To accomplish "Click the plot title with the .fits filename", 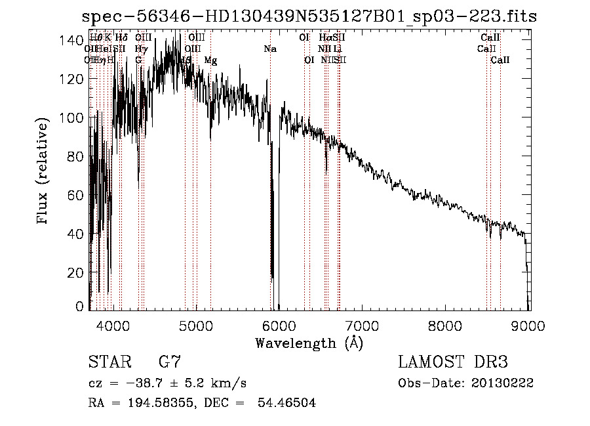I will [x=309, y=17].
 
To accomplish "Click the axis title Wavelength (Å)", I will [x=309, y=343].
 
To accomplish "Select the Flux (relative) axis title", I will [x=44, y=173].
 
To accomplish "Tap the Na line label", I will [x=270, y=49].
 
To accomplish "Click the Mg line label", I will [x=210, y=60].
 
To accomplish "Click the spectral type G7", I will [x=170, y=362].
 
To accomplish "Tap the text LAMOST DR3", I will [x=452, y=362].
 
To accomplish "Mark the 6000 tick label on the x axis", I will [x=279, y=326].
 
